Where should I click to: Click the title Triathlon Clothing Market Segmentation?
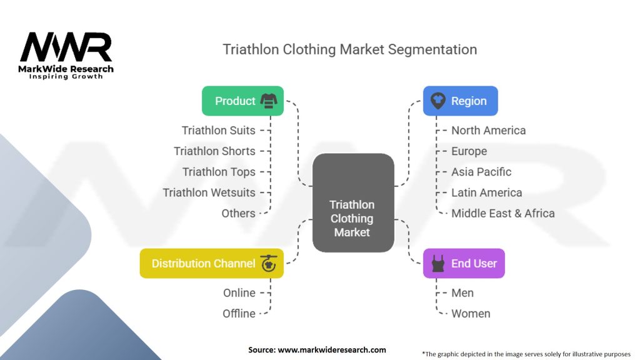click(x=349, y=49)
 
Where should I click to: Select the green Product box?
click(x=242, y=101)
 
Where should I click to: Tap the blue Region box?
click(x=460, y=101)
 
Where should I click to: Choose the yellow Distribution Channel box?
click(x=211, y=263)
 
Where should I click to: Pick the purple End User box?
click(x=464, y=263)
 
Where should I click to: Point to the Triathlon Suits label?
click(x=218, y=130)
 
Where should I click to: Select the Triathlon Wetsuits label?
click(x=209, y=192)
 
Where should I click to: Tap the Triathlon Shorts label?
click(x=214, y=151)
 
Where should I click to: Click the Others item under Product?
click(x=238, y=213)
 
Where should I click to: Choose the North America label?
click(x=488, y=130)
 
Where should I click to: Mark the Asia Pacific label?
click(x=481, y=172)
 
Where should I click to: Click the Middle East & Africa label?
click(x=502, y=213)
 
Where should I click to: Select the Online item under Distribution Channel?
click(x=239, y=292)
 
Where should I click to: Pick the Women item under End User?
click(x=471, y=313)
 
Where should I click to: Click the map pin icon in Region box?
click(x=438, y=101)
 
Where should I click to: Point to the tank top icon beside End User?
click(x=438, y=263)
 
